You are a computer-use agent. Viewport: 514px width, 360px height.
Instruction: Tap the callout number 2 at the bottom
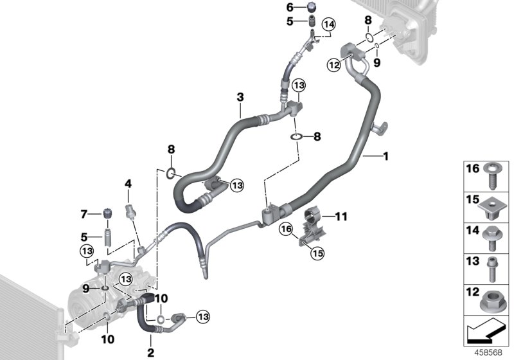coord(152,352)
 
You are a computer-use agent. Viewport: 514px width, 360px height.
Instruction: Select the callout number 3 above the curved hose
coord(240,97)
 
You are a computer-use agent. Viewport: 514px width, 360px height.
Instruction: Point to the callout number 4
coord(128,183)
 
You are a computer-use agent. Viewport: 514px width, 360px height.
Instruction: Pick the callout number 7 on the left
coord(84,214)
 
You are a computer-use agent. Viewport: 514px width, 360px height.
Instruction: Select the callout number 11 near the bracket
coord(341,217)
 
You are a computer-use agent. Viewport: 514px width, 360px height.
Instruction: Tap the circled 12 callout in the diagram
coord(333,64)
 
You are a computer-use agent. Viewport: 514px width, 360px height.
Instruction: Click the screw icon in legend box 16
coord(493,174)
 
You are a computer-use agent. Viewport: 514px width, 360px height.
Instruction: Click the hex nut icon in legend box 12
coord(493,296)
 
